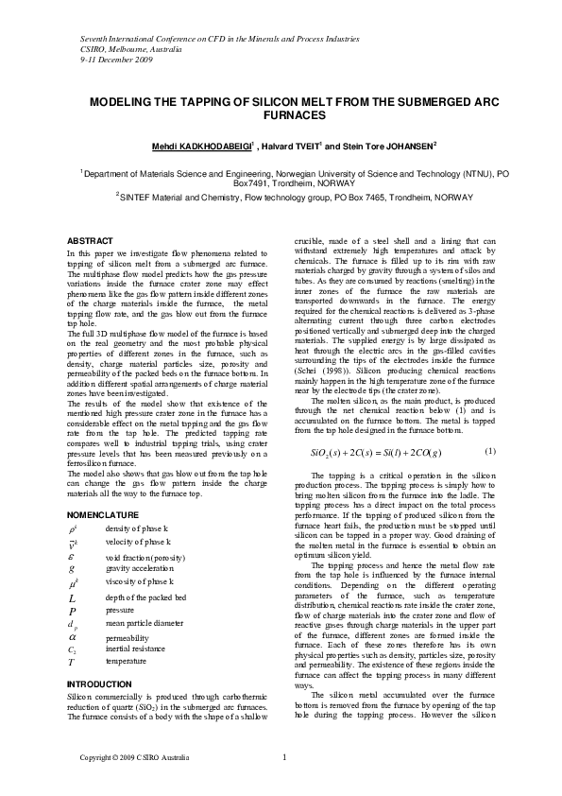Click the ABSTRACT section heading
91,241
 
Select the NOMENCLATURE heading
105,514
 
